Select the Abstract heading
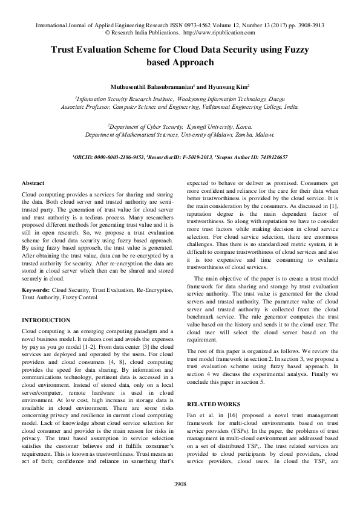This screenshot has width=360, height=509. pyautogui.click(x=33, y=183)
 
